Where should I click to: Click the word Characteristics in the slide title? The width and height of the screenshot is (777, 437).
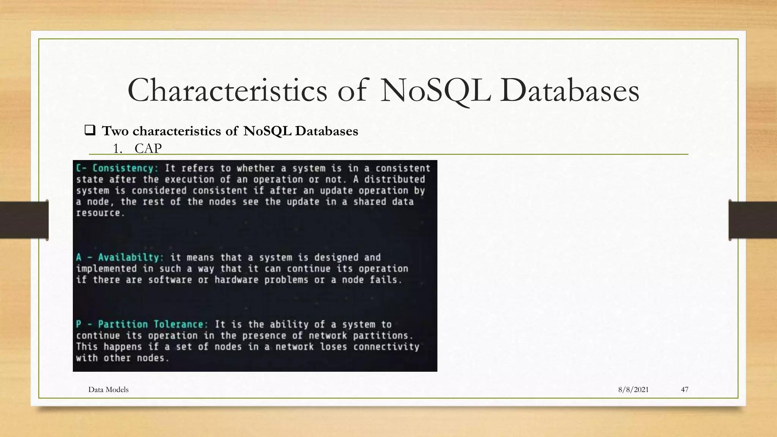[227, 91]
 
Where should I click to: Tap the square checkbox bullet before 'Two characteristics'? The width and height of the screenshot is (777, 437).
[90, 130]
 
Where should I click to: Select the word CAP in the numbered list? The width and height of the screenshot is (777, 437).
[148, 148]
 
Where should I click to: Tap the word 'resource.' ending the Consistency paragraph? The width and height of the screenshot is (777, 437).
[100, 213]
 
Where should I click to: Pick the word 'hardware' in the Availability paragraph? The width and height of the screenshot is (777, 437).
[236, 280]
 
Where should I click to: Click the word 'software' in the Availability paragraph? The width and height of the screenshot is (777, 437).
[170, 280]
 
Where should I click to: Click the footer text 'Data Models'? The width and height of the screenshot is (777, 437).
[108, 390]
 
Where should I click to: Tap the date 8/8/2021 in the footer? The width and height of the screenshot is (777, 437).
[633, 390]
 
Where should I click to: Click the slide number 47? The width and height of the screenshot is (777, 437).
[684, 390]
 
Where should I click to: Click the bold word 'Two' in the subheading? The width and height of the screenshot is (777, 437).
[115, 131]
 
